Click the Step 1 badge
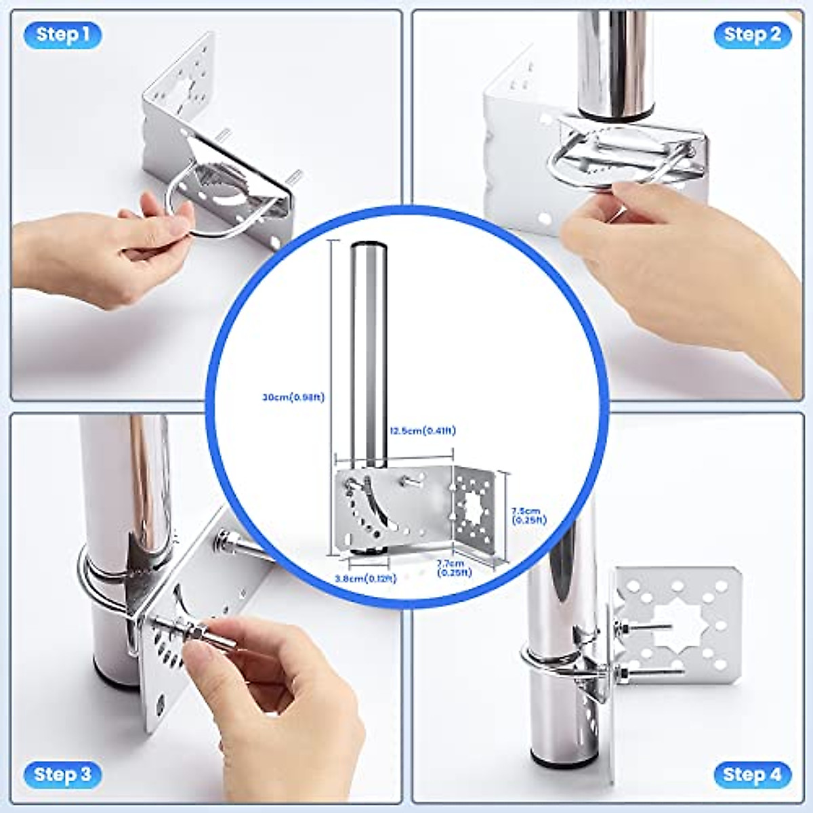coord(62,34)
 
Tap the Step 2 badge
coord(752,34)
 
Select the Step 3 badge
coord(62,774)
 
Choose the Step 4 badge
coord(752,774)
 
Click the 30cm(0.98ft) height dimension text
coord(293,398)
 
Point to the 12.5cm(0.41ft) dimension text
coord(423,430)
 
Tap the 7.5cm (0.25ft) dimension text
coord(526,515)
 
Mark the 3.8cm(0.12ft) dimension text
coord(365,579)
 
